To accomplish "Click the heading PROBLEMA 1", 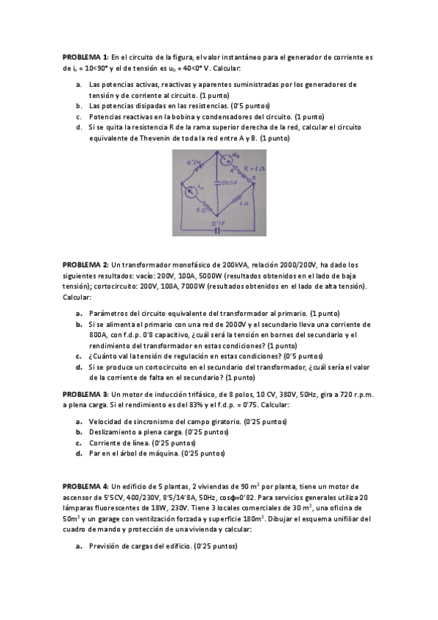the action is (x=85, y=56).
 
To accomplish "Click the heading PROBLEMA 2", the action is (x=85, y=263).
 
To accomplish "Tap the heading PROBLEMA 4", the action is (x=85, y=485).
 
